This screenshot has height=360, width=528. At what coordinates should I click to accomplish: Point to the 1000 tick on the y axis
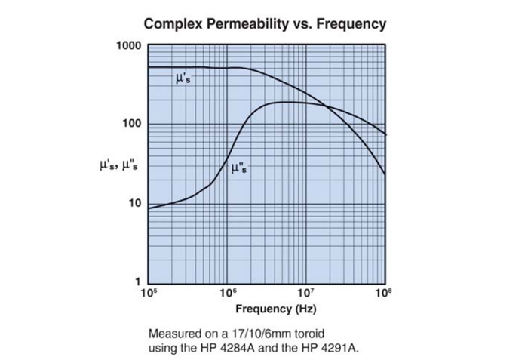[129, 45]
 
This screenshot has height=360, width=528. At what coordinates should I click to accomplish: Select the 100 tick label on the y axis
[132, 124]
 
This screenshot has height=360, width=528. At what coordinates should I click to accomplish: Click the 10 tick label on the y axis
[135, 203]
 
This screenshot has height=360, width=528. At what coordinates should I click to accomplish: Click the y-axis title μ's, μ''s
[118, 164]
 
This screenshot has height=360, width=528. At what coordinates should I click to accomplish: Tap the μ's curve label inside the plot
[183, 79]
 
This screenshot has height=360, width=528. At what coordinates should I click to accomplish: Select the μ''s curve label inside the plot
[238, 168]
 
